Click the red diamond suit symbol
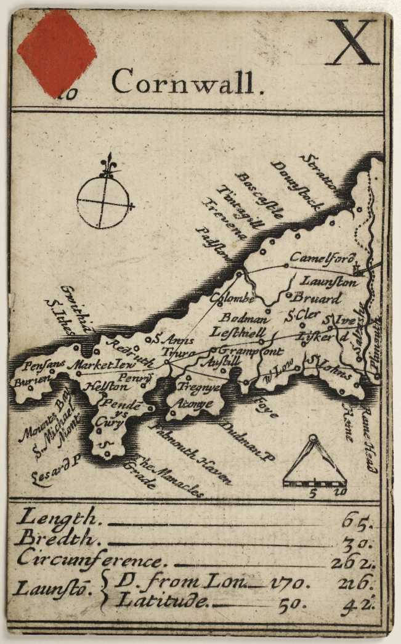[x=56, y=49]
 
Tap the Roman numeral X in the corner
[x=352, y=43]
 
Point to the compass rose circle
[x=103, y=201]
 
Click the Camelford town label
[x=318, y=257]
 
